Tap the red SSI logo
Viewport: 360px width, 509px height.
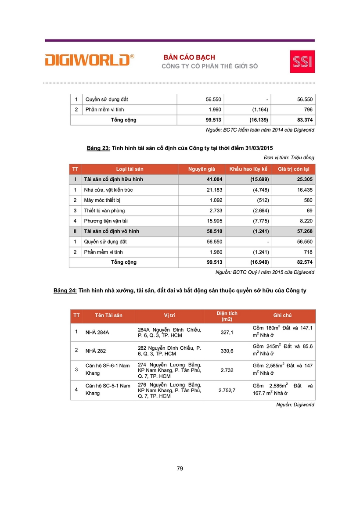click(302, 61)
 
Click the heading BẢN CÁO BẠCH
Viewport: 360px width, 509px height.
click(189, 57)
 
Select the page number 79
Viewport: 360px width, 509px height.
click(180, 469)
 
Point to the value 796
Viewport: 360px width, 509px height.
click(308, 110)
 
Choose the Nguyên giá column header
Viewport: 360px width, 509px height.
click(201, 169)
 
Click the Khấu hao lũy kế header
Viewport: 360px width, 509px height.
click(248, 169)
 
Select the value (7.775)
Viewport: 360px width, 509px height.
click(259, 221)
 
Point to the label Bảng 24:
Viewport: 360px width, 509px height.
click(65, 290)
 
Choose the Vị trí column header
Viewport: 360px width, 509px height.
click(169, 315)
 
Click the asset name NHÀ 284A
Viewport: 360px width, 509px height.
click(97, 332)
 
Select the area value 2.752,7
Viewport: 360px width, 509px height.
click(227, 390)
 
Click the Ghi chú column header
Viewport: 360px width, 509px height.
click(282, 315)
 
